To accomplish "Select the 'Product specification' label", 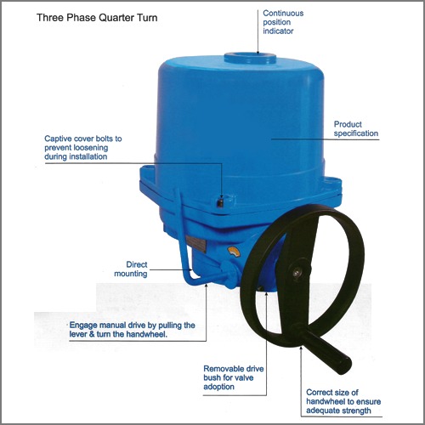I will coord(355,128).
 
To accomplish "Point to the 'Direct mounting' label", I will coord(132,269).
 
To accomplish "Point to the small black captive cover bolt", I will coord(220,202).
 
